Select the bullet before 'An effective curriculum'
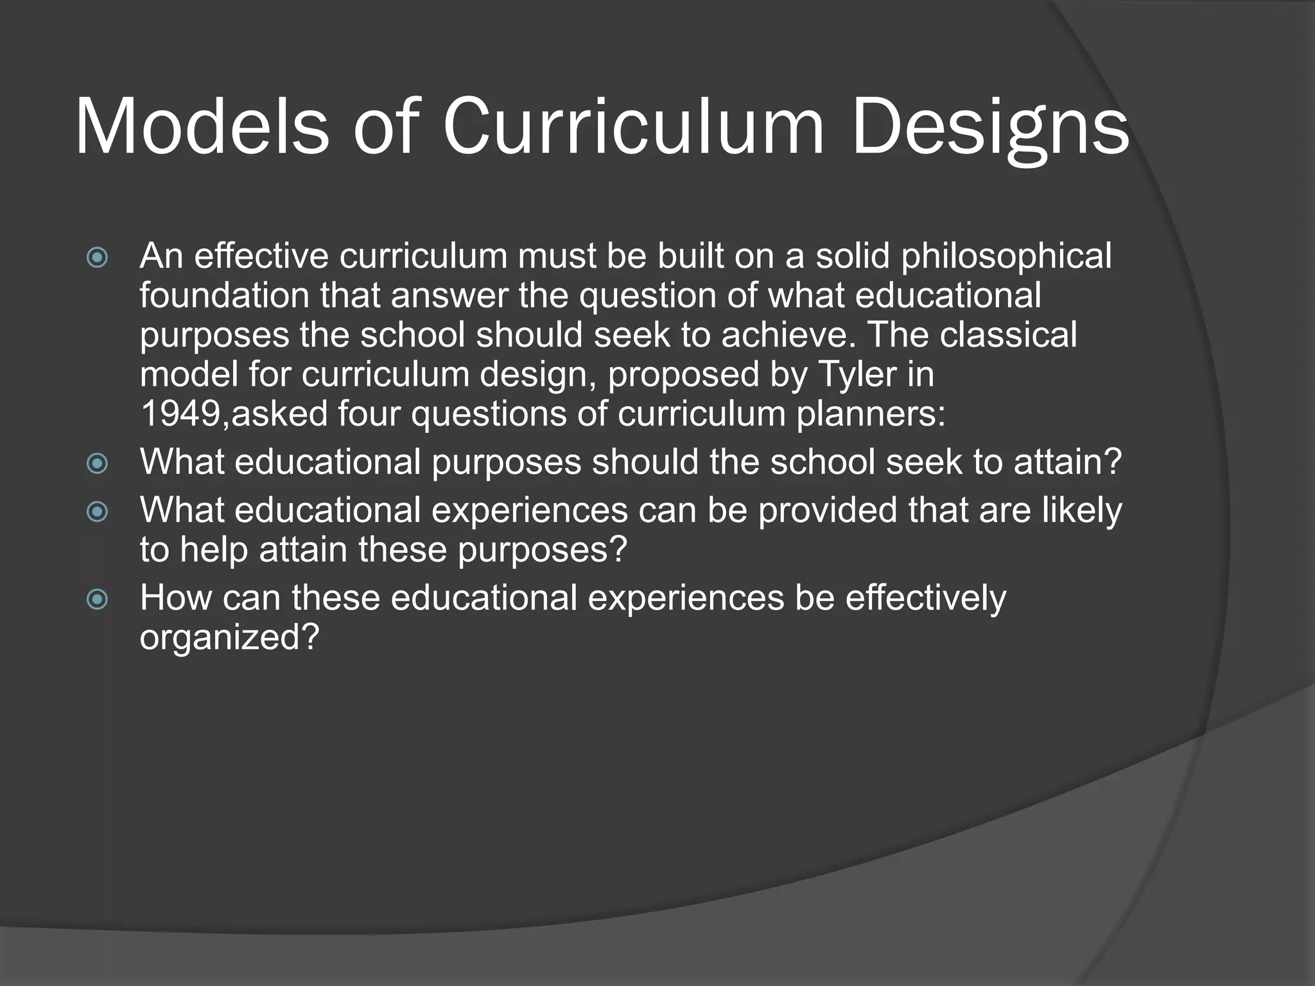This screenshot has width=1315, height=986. pyautogui.click(x=97, y=258)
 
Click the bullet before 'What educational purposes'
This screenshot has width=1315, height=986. pyautogui.click(x=97, y=463)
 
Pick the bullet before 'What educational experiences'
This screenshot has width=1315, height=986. pyautogui.click(x=97, y=512)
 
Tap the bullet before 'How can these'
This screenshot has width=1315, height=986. pyautogui.click(x=97, y=600)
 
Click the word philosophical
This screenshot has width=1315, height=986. pyautogui.click(x=1006, y=257)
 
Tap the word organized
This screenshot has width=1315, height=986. pyautogui.click(x=229, y=638)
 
